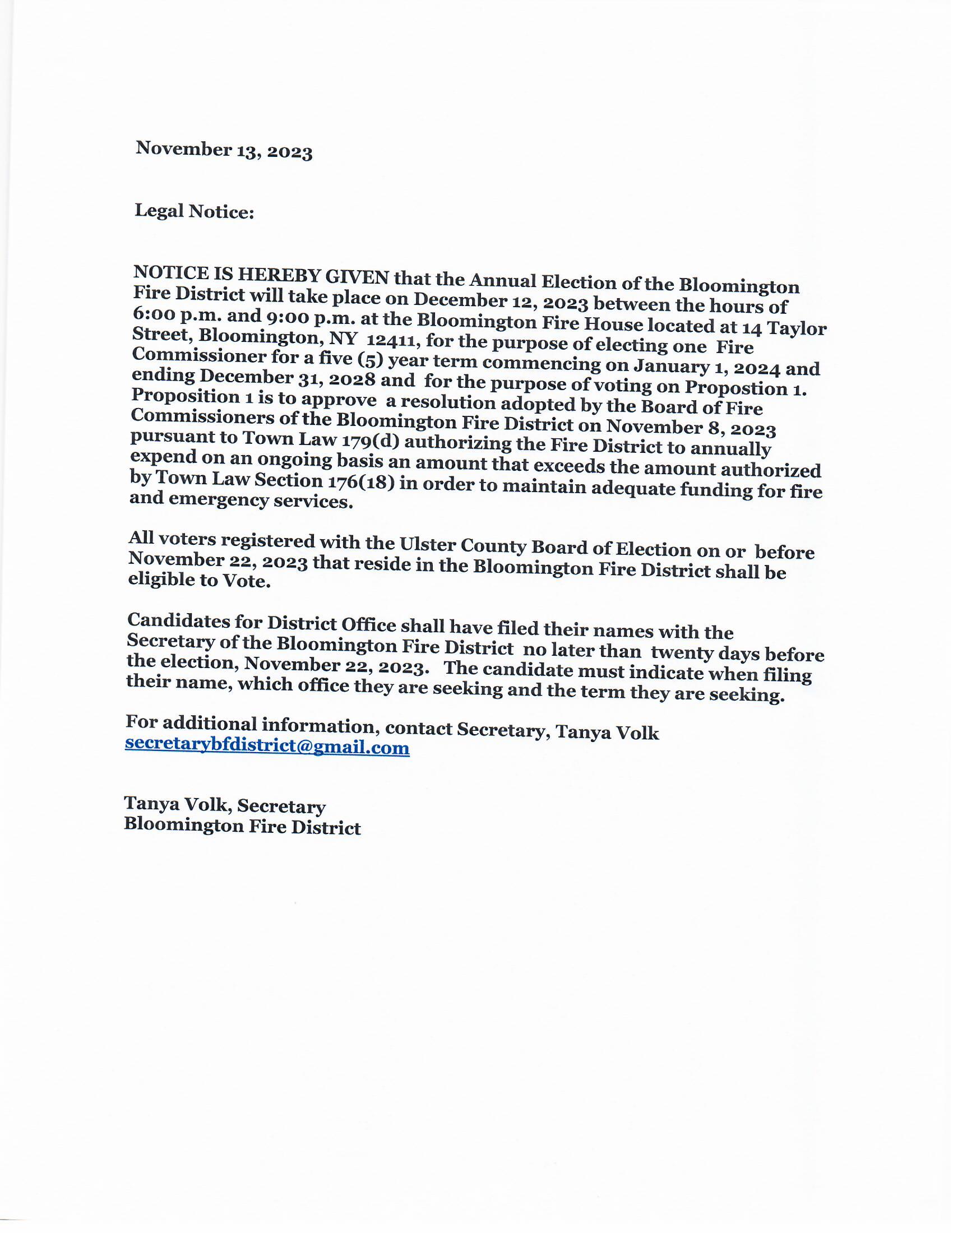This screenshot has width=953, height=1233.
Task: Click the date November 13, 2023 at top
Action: pos(224,150)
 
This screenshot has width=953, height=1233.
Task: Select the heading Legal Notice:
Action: pos(194,211)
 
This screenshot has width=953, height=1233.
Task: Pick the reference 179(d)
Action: pos(369,441)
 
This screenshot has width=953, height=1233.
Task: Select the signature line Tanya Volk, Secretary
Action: pos(225,805)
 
